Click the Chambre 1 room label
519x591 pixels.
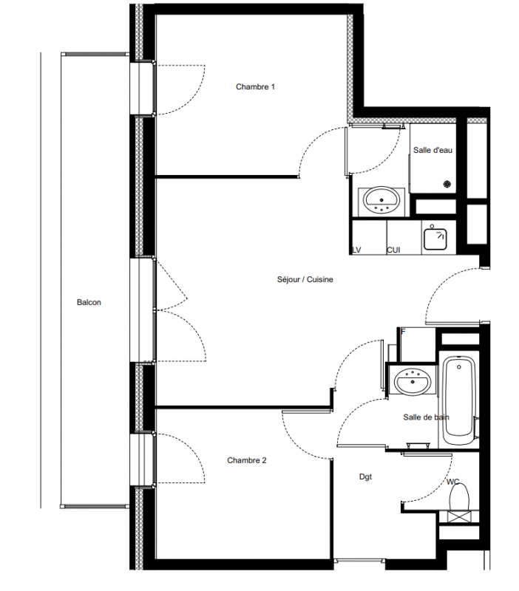click(255, 86)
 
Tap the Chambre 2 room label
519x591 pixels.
click(247, 460)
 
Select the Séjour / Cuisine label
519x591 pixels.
click(305, 279)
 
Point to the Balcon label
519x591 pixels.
click(89, 302)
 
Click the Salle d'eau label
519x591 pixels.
click(432, 150)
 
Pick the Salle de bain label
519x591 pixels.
click(426, 417)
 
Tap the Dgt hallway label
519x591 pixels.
click(365, 476)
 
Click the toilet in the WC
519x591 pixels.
click(459, 496)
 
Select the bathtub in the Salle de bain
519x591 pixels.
click(458, 400)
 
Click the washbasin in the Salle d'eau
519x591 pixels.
click(381, 201)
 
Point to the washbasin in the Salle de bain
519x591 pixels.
click(413, 380)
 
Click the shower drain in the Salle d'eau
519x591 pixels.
click(447, 184)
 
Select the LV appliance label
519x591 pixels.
click(356, 250)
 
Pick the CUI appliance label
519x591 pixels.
click(393, 250)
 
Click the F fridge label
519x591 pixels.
click(403, 332)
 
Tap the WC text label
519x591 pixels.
click(452, 482)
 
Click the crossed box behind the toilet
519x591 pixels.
click(458, 516)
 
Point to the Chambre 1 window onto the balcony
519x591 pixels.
click(142, 89)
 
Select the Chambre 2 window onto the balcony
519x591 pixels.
click(142, 460)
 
